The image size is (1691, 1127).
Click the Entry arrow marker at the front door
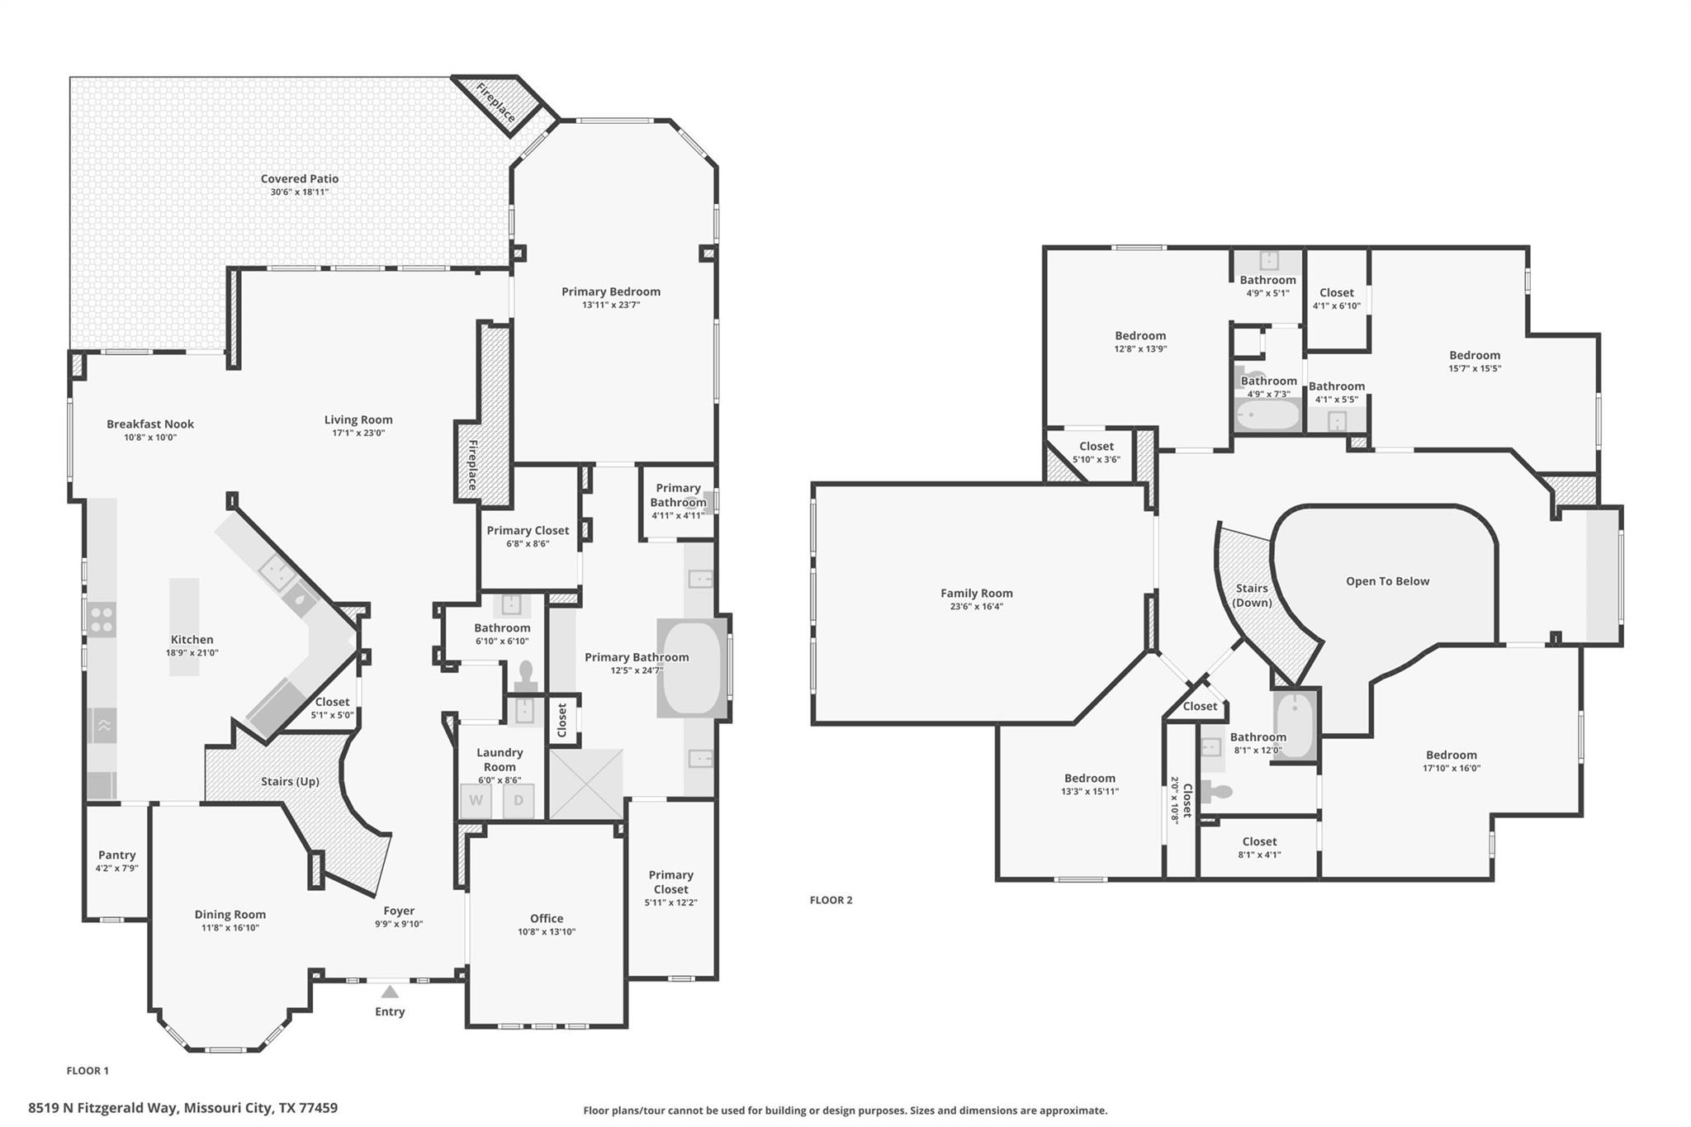[390, 992]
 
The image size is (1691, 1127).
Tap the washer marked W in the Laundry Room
[476, 800]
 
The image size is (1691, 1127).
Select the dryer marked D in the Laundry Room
[519, 800]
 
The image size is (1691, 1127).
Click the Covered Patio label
[300, 178]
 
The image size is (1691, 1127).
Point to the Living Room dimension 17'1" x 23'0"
[358, 433]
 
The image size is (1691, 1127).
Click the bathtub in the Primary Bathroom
[693, 668]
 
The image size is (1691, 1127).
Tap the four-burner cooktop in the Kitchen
[102, 620]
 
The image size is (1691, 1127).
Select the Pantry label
[116, 855]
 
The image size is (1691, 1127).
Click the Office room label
[547, 918]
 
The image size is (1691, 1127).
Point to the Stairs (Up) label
[290, 781]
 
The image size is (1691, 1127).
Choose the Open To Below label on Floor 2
[1387, 581]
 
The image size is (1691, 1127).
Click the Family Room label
[976, 593]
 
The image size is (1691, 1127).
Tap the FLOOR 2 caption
[831, 900]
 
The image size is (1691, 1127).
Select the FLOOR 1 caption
[88, 1071]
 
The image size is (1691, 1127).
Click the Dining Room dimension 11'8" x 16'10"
[230, 927]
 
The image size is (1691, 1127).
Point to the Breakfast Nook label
[150, 424]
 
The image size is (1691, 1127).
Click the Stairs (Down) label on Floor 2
[1252, 595]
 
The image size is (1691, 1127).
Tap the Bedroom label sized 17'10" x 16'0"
[1451, 755]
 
